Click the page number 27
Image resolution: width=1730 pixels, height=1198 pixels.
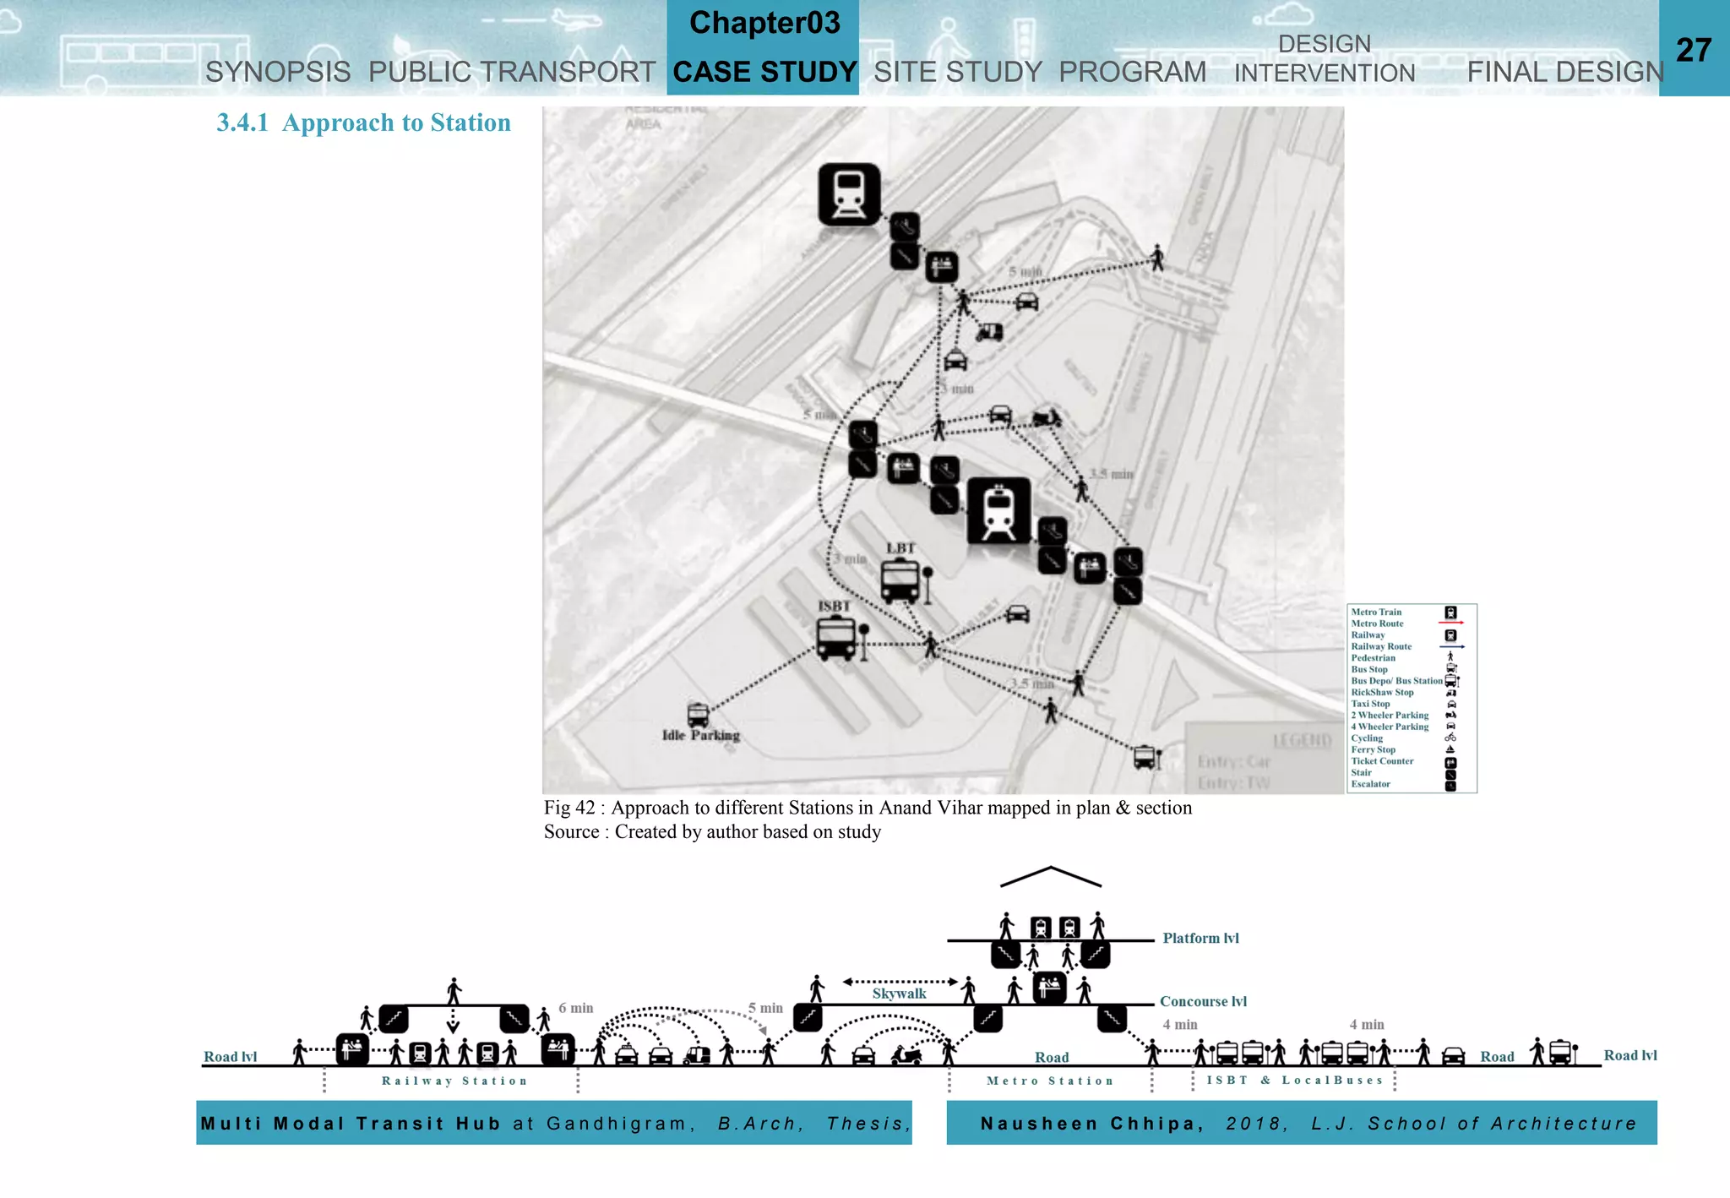pos(1693,51)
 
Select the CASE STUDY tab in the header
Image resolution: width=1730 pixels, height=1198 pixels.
pos(764,73)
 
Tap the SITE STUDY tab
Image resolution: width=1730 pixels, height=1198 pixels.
pos(957,73)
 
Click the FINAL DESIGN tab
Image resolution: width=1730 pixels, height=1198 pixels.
pos(1564,73)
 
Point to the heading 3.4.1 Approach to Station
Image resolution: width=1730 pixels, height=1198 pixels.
pos(363,123)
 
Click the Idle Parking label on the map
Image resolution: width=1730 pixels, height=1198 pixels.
pos(700,735)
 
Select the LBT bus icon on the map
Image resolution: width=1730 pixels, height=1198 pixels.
pos(900,581)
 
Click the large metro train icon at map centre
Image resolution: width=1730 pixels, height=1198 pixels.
pos(998,511)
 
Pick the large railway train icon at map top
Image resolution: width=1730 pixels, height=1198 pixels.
pos(849,194)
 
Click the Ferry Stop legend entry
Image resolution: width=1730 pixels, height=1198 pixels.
pos(1373,749)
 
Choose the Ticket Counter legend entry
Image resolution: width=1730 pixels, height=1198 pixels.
pos(1382,761)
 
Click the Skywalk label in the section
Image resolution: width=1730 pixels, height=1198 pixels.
pos(899,994)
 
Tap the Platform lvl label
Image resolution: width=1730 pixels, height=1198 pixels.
pos(1200,939)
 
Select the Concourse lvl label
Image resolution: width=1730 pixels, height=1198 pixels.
pos(1203,1002)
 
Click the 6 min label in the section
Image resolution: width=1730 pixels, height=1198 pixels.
pos(575,1008)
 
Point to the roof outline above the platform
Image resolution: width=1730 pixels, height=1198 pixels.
pos(1050,875)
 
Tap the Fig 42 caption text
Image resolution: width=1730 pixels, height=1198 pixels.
pos(868,809)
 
